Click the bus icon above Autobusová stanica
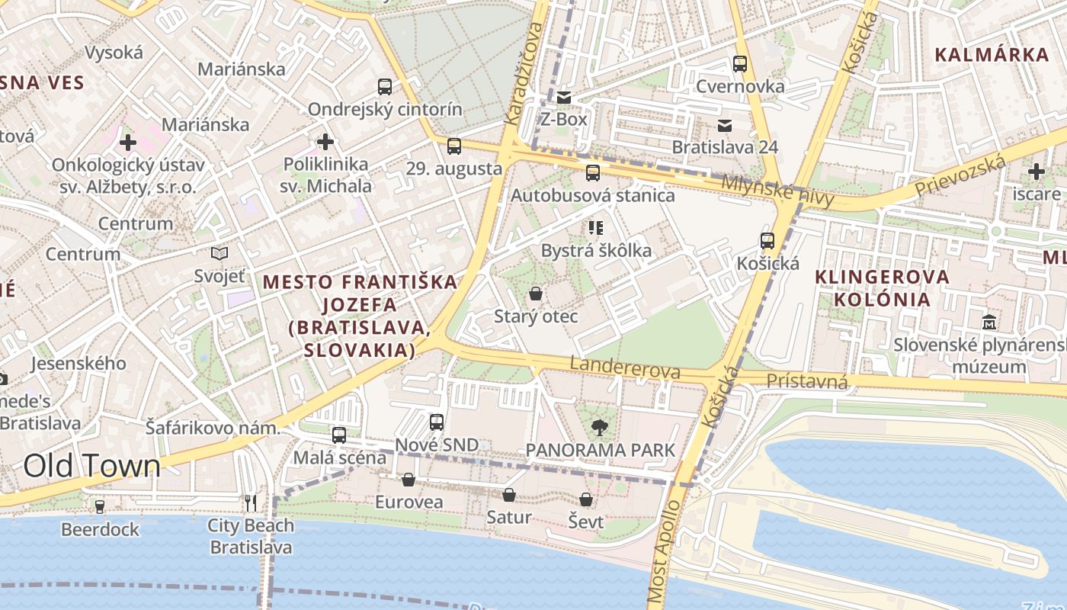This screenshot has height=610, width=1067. click(593, 173)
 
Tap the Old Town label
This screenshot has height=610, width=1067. click(92, 465)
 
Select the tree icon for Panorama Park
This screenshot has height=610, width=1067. click(600, 428)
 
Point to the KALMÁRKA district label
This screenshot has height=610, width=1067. click(992, 55)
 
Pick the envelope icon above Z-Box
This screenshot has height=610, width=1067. click(564, 98)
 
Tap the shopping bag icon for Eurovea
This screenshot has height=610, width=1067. click(409, 480)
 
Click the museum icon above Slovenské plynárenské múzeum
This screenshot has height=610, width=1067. click(989, 322)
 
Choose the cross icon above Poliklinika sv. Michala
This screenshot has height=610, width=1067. click(325, 141)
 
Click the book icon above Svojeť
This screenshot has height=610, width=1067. click(219, 253)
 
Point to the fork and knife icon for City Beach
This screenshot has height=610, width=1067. click(251, 502)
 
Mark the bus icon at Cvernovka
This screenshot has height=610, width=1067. click(739, 64)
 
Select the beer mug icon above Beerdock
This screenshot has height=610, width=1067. click(99, 506)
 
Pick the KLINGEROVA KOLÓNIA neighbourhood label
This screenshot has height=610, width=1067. click(883, 287)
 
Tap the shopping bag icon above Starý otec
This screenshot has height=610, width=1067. click(536, 294)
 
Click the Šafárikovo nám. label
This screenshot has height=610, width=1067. click(213, 428)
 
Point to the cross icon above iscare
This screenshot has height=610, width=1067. click(1036, 172)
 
